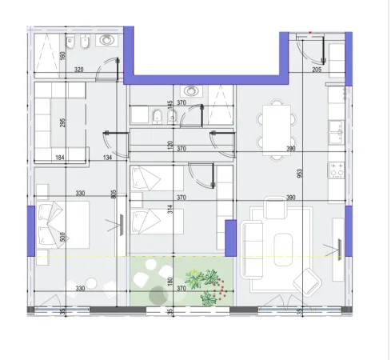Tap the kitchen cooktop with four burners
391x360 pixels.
[337, 170]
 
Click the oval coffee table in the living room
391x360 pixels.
[285, 249]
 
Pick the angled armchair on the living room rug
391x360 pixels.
[307, 281]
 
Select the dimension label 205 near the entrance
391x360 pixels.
[317, 70]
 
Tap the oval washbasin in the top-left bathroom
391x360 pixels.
[106, 41]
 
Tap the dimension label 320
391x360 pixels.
[78, 70]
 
